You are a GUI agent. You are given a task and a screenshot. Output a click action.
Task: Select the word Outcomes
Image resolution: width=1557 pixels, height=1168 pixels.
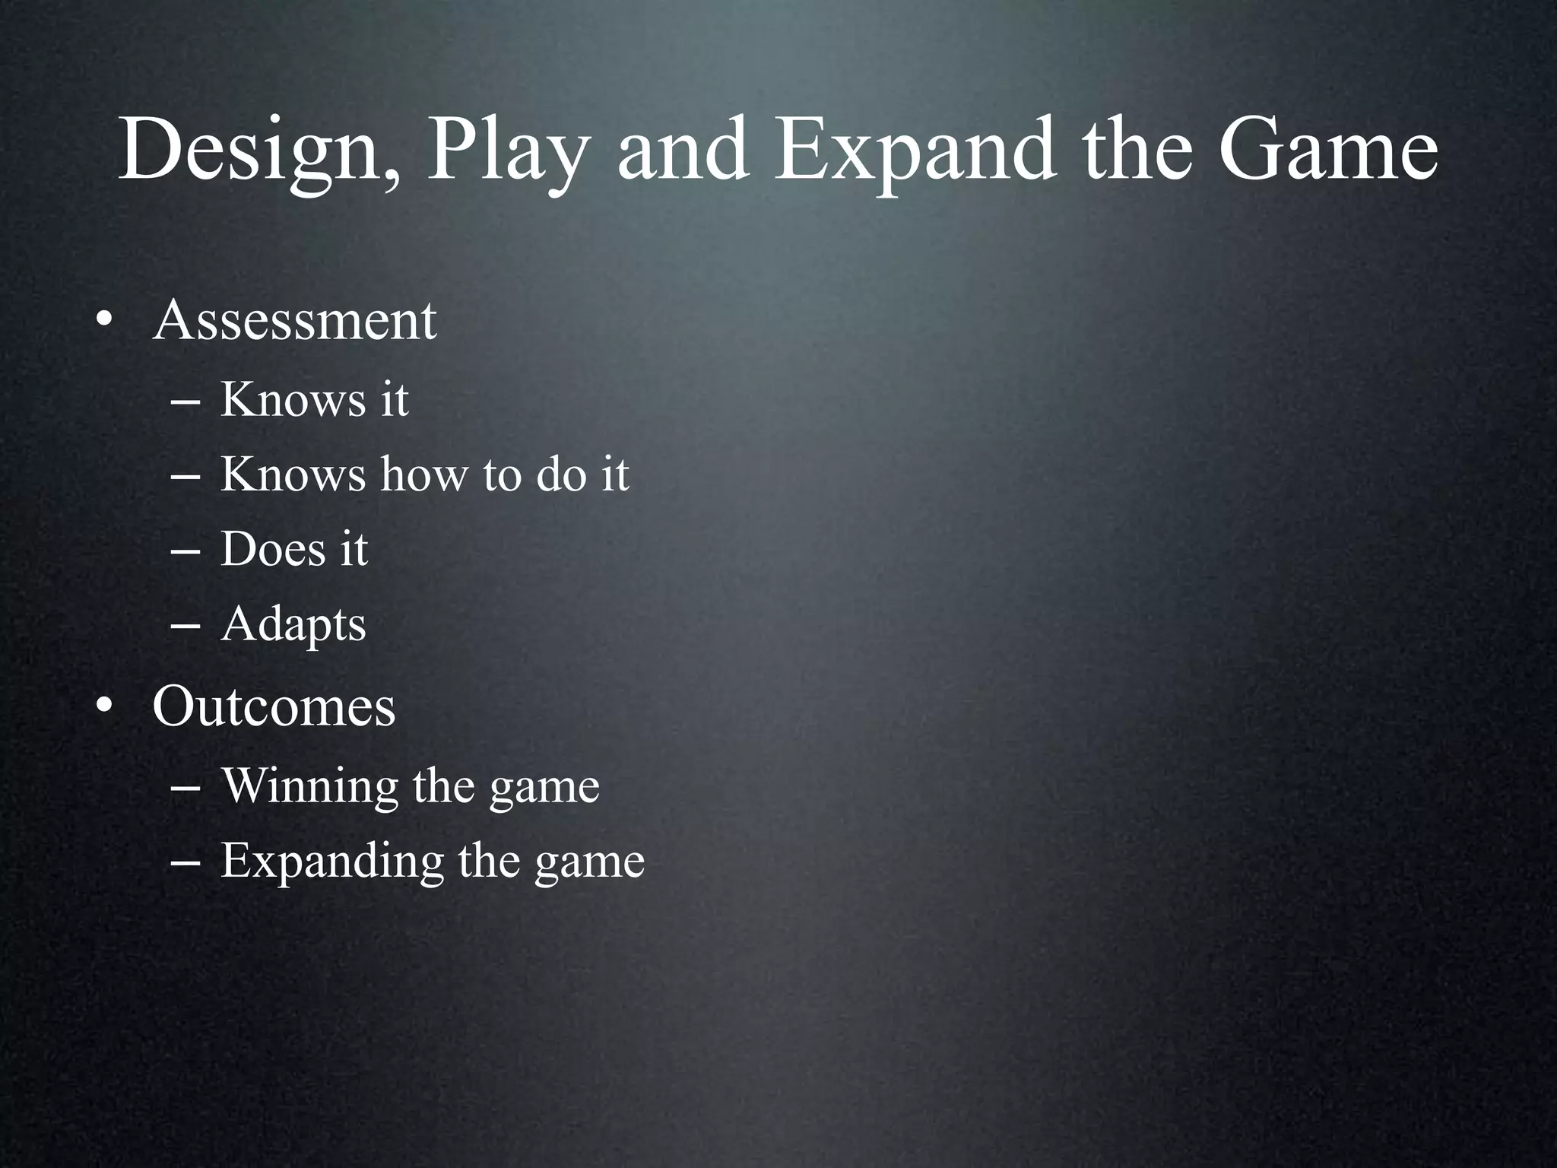(274, 706)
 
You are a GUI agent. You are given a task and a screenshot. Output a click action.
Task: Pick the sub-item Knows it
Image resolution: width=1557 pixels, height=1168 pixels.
(314, 398)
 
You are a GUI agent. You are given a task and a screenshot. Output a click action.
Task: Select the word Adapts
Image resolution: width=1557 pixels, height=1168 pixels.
(293, 625)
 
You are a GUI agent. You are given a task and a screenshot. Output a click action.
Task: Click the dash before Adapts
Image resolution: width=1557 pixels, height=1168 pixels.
(186, 628)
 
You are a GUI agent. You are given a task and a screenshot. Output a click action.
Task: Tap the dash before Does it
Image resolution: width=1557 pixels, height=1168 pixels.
(186, 553)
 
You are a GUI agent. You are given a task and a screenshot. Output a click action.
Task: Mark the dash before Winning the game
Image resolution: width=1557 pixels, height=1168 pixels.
(186, 789)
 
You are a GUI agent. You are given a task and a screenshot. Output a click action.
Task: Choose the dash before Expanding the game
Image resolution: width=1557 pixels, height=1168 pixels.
(186, 865)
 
